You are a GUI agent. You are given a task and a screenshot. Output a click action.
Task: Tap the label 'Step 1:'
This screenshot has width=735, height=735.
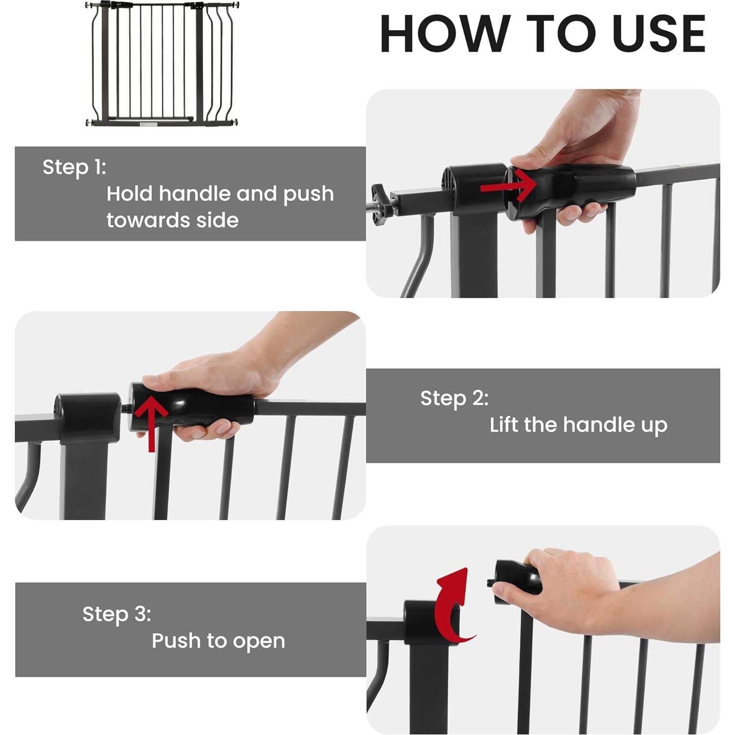click(x=74, y=167)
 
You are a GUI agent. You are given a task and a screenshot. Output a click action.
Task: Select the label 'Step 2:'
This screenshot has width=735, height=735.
click(x=454, y=398)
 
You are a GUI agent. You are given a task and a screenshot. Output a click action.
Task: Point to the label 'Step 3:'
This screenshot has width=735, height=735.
click(x=117, y=614)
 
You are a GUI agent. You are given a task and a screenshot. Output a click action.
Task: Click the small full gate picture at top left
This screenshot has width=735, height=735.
click(x=162, y=64)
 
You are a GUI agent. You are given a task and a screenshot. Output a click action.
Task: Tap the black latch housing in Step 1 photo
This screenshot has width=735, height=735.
click(x=473, y=189)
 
